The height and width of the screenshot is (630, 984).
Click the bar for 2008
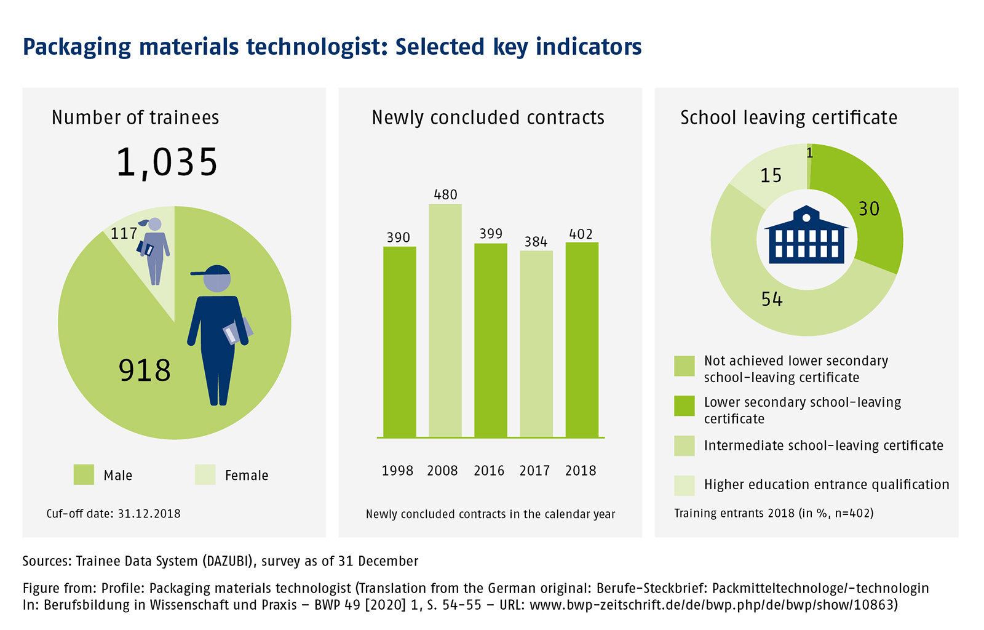(x=445, y=320)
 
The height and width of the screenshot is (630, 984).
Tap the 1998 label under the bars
(x=397, y=471)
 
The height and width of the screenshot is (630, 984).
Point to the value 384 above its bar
(x=536, y=242)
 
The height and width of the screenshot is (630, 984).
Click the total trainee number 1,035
(x=167, y=163)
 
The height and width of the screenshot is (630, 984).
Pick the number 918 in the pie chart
(x=145, y=370)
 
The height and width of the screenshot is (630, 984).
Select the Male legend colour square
(x=84, y=475)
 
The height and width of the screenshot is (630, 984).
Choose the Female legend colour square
(x=205, y=475)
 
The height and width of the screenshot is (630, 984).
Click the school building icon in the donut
(x=806, y=236)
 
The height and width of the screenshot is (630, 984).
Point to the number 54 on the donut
(x=772, y=300)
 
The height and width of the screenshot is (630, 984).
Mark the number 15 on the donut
(x=771, y=176)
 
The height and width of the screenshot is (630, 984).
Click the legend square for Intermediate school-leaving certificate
(x=684, y=445)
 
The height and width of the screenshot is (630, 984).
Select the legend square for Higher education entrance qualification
(x=684, y=485)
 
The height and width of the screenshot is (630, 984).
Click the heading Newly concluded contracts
(x=488, y=118)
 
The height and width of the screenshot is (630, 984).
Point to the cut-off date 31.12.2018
(x=149, y=514)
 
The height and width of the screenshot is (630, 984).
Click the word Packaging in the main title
(x=77, y=47)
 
